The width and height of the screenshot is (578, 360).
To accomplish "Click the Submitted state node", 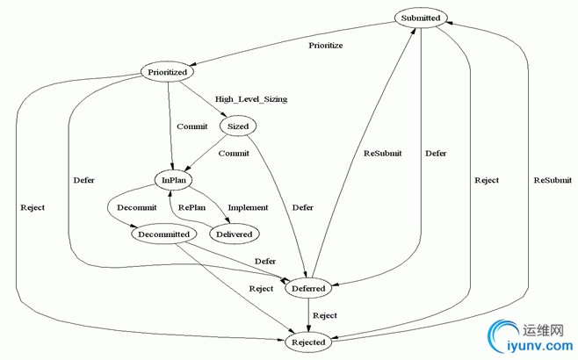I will point(421,18).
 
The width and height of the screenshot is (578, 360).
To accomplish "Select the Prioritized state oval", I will point(167,72).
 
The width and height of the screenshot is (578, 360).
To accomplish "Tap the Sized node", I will point(238,126).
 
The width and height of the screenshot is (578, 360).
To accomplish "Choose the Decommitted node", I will point(161,234).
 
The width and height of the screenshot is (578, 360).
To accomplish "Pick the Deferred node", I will point(307,288).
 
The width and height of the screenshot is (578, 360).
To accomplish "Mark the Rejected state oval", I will point(308,342).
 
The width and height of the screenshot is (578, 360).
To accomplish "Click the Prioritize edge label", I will point(326,44).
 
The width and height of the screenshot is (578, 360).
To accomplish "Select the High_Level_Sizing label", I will point(251,99).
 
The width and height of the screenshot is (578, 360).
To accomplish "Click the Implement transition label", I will point(249,208).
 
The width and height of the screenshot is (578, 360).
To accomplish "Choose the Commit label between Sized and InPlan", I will point(234,153).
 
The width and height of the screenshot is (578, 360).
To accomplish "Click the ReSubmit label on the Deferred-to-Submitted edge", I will point(382,153).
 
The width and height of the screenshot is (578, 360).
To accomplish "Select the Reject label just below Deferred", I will point(325,314).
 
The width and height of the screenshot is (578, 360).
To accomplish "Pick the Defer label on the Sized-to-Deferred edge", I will point(303,208).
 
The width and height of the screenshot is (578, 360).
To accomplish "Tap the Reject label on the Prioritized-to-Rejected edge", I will point(31,208).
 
